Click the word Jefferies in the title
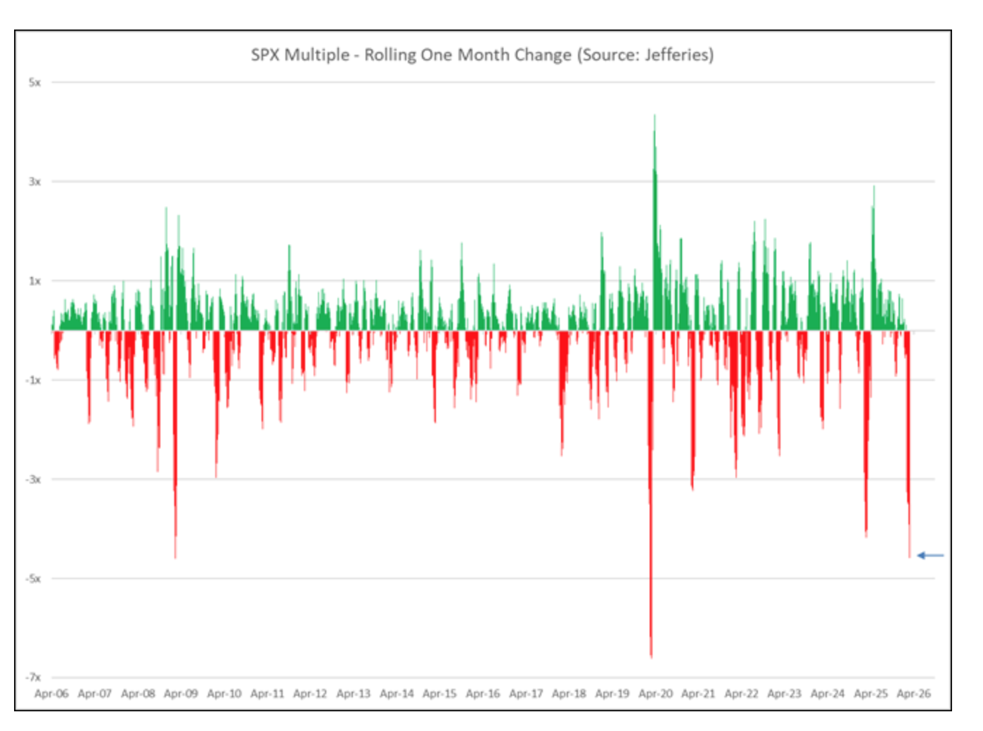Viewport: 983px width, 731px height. [676, 55]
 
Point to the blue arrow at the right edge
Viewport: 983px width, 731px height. [930, 555]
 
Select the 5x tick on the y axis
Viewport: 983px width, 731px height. [34, 82]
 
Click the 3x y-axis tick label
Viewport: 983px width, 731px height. [34, 181]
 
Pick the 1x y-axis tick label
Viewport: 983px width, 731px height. [34, 280]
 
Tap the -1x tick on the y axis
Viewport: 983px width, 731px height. [33, 380]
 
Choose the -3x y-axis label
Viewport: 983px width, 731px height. [33, 479]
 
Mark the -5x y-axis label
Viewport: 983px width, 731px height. [33, 578]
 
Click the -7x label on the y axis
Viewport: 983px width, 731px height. [33, 677]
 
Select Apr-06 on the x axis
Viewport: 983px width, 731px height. [51, 693]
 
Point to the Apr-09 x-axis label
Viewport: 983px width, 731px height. [181, 693]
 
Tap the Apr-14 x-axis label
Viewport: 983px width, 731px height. [397, 693]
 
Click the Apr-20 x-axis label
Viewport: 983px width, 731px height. [655, 693]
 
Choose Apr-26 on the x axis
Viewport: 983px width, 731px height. [913, 693]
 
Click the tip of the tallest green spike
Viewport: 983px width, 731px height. [655, 115]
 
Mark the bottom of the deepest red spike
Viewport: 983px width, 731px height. [651, 656]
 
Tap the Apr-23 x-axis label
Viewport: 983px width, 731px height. [784, 693]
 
